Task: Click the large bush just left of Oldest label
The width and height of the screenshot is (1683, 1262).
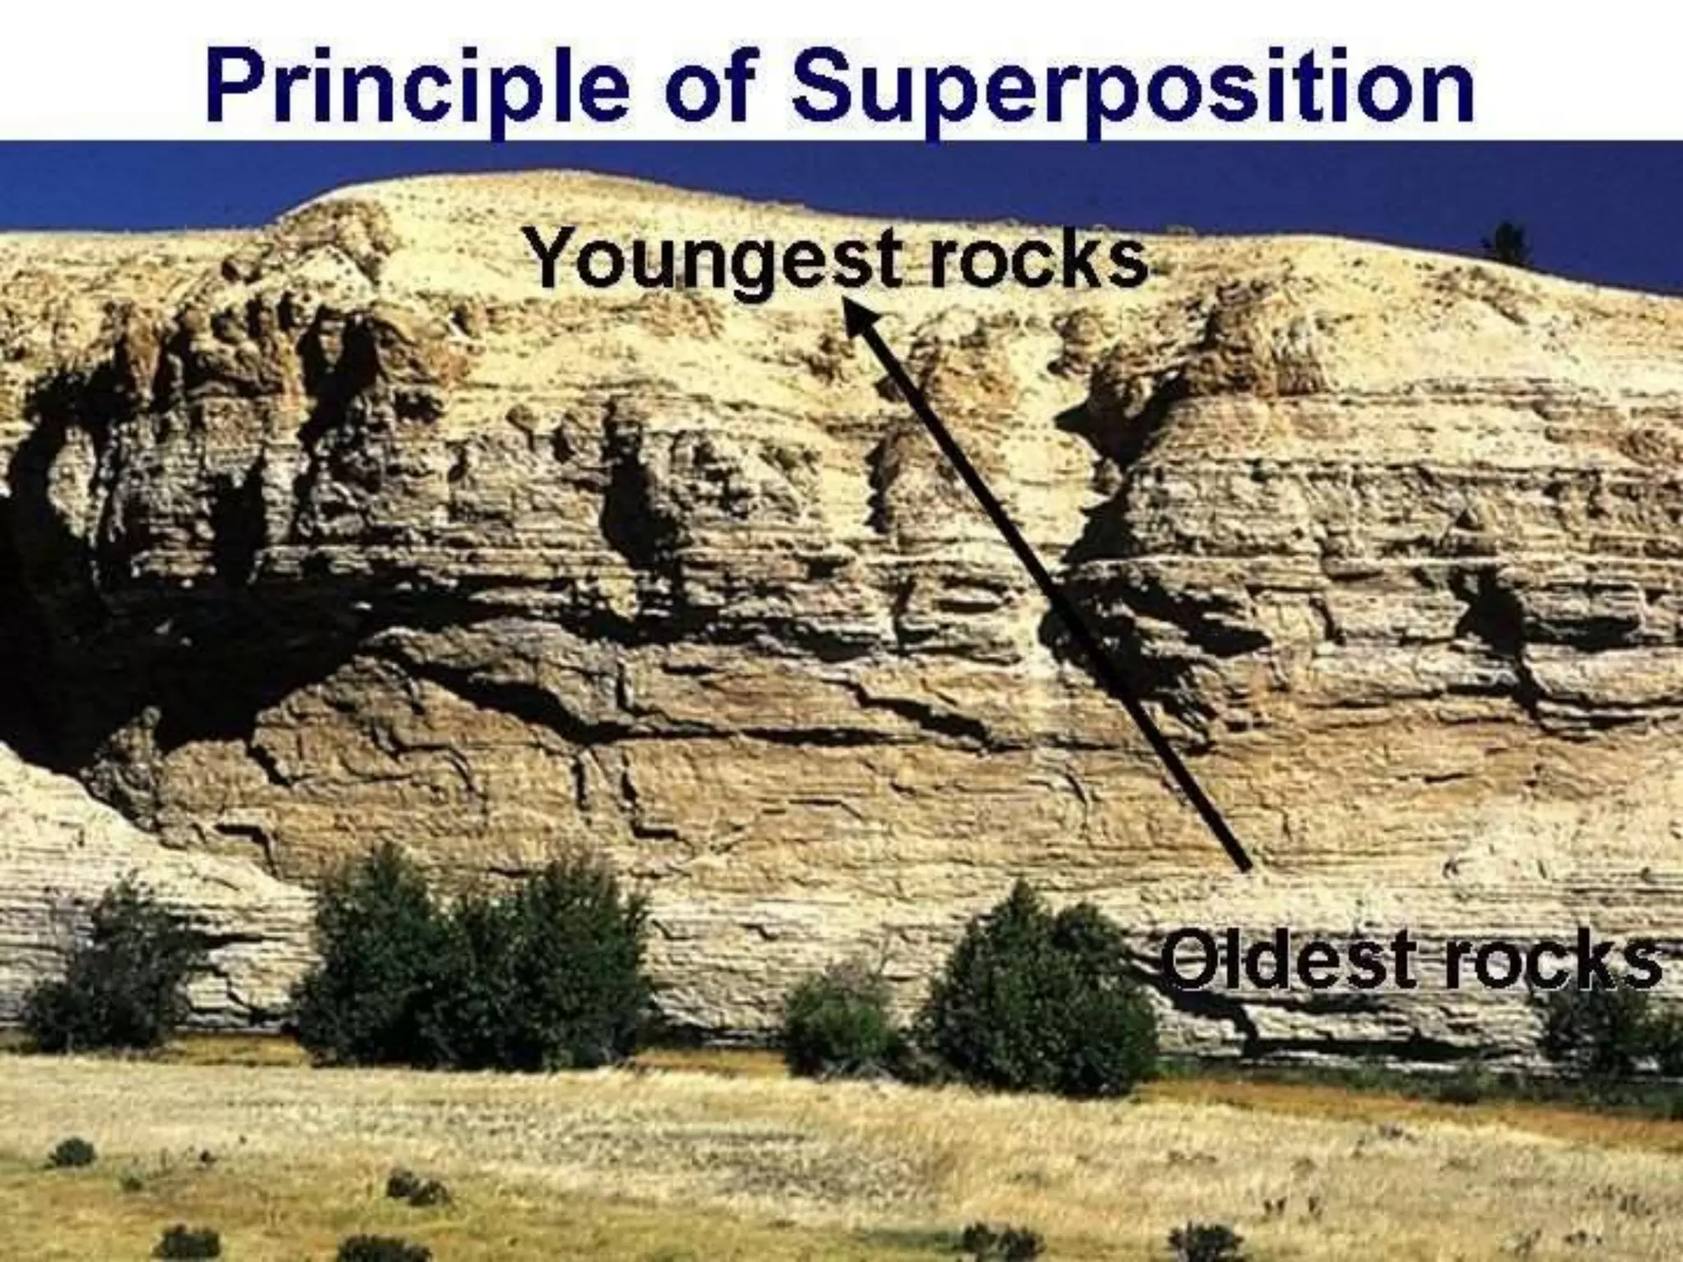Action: coord(1035,994)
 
